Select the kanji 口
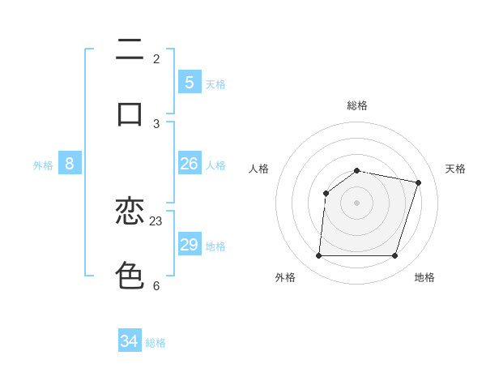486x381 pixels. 130,113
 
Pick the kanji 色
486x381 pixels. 130,275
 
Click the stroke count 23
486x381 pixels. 156,220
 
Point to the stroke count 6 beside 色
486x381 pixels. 156,285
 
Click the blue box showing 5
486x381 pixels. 189,82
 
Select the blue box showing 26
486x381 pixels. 189,164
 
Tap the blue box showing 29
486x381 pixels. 189,245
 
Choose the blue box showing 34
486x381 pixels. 130,341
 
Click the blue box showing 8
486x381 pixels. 70,164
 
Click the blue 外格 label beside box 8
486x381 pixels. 43,165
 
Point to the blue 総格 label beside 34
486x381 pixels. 156,343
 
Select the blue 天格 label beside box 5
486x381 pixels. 215,83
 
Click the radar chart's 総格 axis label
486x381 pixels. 357,105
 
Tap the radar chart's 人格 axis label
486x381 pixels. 259,169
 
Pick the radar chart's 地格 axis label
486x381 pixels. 424,277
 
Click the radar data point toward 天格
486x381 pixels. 418,182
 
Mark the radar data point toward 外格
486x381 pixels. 319,256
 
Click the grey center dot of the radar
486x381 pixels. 357,203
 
